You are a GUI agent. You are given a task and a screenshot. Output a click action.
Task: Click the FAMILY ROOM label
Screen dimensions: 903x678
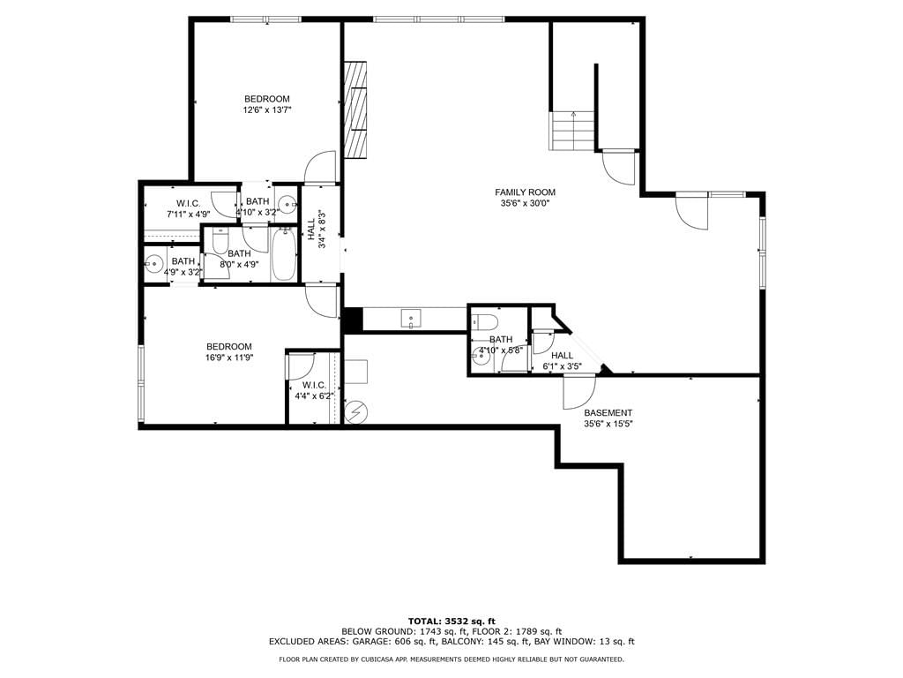tap(526, 192)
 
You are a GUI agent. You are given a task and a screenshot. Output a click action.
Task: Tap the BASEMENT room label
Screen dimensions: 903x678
tap(608, 413)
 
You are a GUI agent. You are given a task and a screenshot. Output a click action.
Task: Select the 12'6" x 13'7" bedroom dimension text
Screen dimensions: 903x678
tap(267, 109)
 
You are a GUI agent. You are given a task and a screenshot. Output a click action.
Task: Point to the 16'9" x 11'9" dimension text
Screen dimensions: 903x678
tap(229, 358)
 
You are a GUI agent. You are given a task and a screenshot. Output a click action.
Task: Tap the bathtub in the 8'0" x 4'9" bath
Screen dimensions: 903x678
tap(284, 255)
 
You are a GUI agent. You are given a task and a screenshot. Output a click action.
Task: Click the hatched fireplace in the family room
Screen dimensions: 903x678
tap(355, 109)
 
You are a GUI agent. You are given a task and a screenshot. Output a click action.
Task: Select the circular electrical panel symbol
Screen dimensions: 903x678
tap(354, 412)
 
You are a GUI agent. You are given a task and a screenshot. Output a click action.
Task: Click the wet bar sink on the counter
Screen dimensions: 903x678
tap(411, 318)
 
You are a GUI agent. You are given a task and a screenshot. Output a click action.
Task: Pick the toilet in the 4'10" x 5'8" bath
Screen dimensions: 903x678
tap(484, 321)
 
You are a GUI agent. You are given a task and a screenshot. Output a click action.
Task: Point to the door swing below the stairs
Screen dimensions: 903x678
tap(618, 167)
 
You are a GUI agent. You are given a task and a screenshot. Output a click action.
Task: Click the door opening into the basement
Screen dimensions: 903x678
tap(578, 393)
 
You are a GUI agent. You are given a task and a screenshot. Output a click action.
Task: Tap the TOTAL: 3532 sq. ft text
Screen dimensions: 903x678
tap(451, 621)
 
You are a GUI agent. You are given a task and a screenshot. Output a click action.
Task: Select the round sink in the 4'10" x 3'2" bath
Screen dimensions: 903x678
tap(287, 204)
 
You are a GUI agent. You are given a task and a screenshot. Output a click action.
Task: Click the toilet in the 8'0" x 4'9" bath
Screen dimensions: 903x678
tap(221, 241)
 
